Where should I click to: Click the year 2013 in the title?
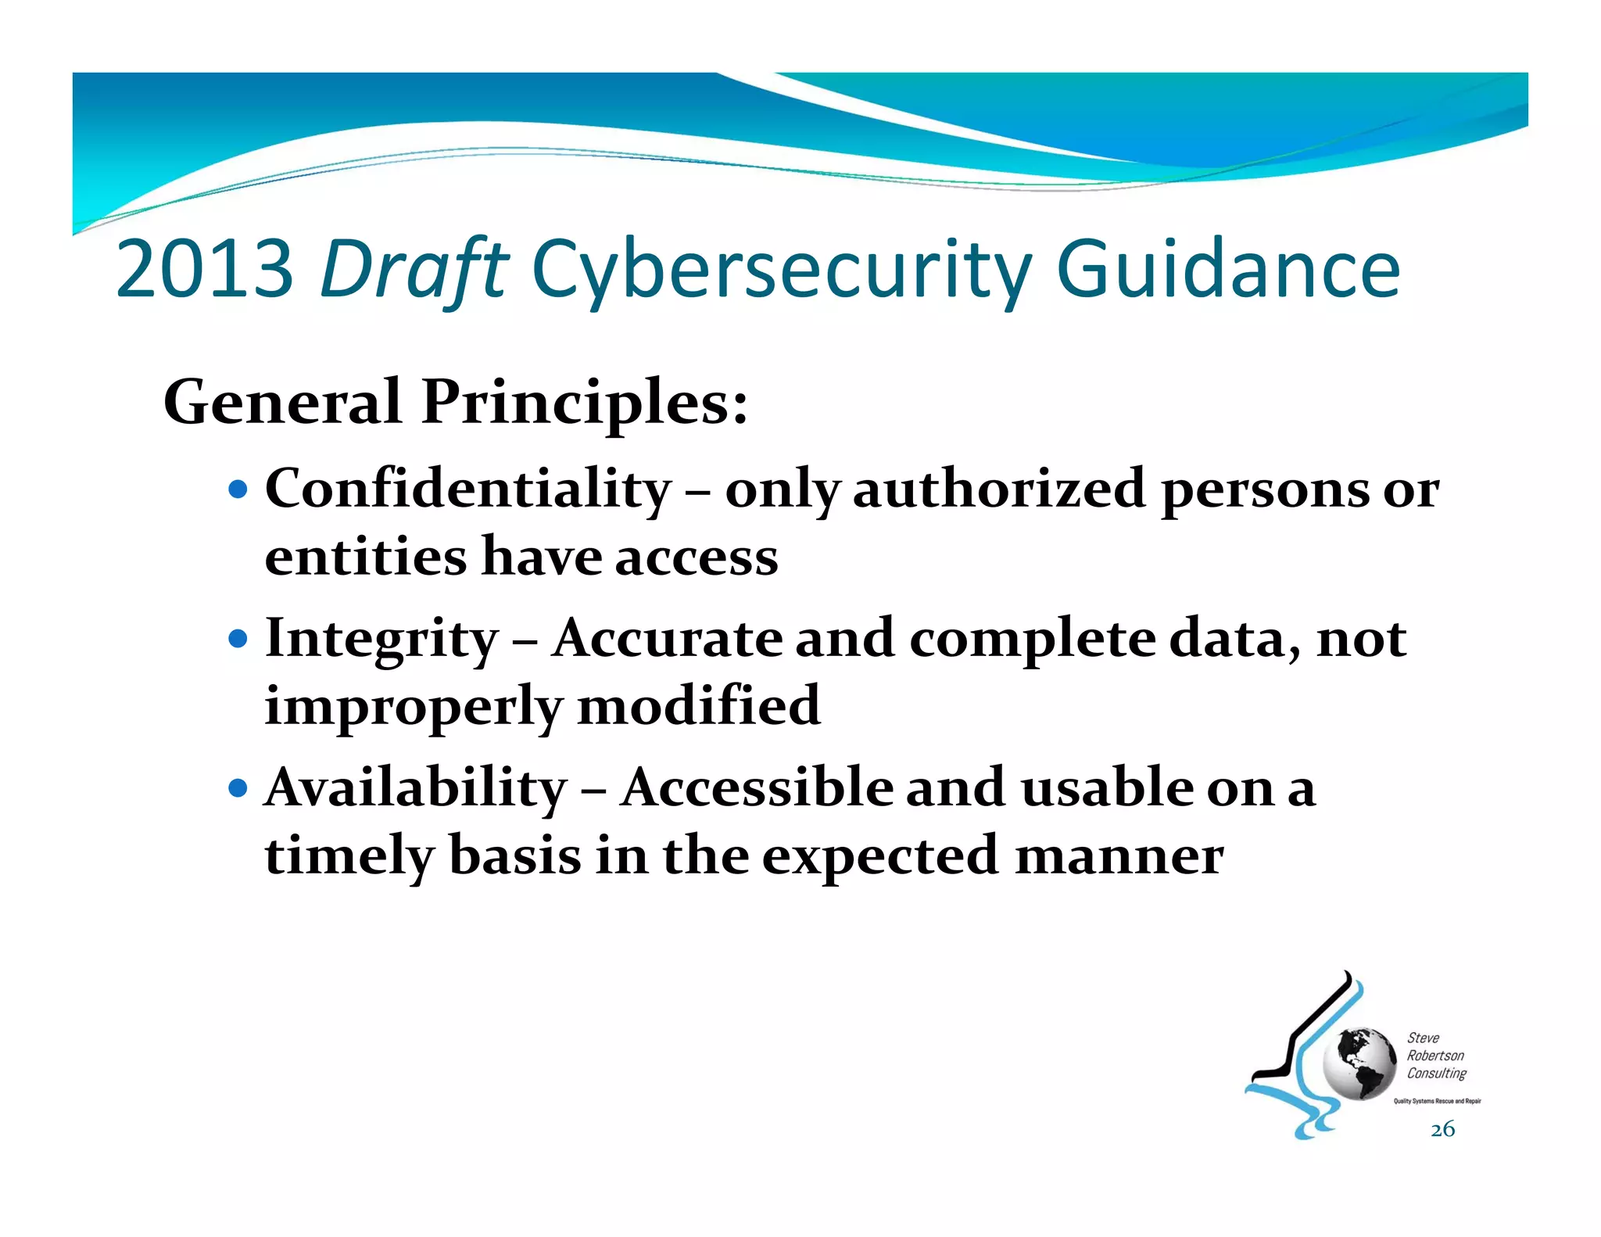click(x=205, y=270)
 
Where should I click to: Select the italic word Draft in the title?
click(x=414, y=270)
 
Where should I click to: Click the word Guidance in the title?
click(x=1227, y=270)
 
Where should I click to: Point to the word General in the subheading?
click(x=282, y=403)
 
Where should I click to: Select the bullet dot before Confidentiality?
click(x=238, y=491)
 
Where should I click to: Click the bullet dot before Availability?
click(x=238, y=787)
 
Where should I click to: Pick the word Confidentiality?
click(x=468, y=489)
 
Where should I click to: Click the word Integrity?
click(x=381, y=639)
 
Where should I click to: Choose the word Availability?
click(x=416, y=787)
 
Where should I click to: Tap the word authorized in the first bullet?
click(x=999, y=489)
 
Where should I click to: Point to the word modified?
click(x=699, y=706)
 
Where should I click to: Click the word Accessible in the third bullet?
click(x=756, y=787)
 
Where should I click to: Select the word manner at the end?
click(x=1119, y=855)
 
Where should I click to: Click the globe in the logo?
click(x=1359, y=1064)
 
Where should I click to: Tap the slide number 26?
click(x=1442, y=1129)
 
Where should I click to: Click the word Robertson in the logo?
click(x=1435, y=1056)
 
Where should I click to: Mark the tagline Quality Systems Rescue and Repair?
click(x=1437, y=1101)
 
